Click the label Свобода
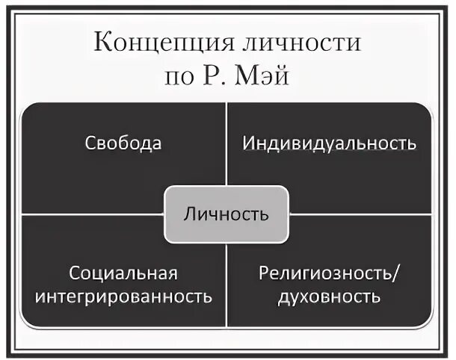[x=123, y=143]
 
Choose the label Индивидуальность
[x=329, y=143]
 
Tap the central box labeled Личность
[x=226, y=215]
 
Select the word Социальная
[x=124, y=273]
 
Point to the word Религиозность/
[x=329, y=273]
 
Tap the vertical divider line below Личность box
[x=226, y=284]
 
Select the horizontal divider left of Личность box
[x=93, y=214]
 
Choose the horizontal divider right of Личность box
[x=359, y=214]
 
